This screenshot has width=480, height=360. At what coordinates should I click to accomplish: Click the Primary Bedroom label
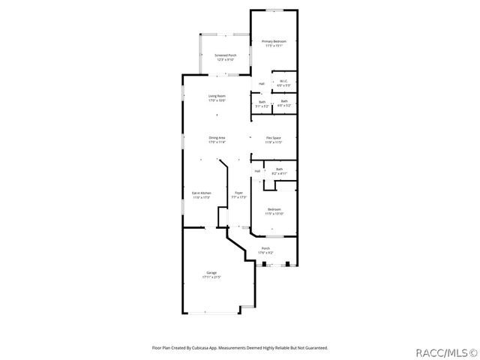point(272,40)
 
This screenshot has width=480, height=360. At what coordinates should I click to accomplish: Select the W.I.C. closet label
point(284,81)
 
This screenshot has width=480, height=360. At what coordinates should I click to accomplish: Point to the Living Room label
point(217,95)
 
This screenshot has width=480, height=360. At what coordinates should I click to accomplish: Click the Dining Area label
point(217,137)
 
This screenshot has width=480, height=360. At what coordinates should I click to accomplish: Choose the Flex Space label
point(273,137)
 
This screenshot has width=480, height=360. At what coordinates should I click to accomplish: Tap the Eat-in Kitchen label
point(201,193)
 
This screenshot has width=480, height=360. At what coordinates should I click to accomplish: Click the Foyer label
point(238,193)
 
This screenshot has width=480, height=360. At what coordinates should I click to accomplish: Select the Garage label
point(211,272)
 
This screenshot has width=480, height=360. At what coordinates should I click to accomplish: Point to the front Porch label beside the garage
point(265,248)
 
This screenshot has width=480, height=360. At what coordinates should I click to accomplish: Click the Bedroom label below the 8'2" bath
point(274,209)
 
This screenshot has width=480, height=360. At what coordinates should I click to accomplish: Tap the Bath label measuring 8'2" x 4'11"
point(279,169)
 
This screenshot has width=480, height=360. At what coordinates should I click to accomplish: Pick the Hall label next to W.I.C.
point(261,83)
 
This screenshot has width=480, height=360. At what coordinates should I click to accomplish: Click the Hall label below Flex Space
point(257,171)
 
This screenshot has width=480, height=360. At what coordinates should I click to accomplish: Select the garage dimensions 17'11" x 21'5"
point(211,277)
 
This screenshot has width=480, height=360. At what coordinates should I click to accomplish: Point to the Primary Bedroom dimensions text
point(272,45)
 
